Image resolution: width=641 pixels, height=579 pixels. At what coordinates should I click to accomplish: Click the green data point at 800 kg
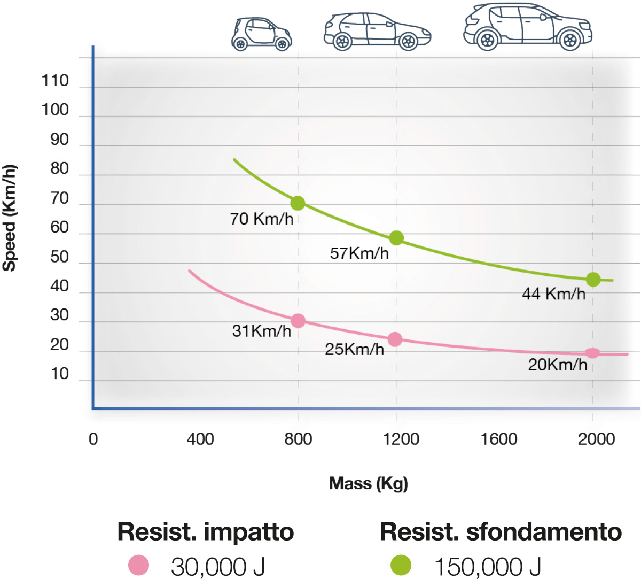298,203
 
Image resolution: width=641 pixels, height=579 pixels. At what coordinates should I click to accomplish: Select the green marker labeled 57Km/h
396,238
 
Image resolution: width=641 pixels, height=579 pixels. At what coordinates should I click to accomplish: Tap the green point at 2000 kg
593,280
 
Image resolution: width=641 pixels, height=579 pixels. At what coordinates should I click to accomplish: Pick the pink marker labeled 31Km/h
298,321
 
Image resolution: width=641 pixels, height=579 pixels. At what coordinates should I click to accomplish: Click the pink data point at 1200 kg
395,339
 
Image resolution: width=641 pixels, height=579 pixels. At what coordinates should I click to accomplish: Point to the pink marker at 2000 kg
592,353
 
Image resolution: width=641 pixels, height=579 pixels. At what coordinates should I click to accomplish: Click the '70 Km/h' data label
262,219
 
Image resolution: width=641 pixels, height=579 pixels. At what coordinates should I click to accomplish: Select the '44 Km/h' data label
553,294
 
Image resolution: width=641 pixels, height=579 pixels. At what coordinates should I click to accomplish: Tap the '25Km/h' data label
354,349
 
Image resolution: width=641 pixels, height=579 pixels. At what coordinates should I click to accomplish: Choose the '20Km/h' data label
557,365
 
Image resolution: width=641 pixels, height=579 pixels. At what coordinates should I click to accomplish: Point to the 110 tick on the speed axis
56,81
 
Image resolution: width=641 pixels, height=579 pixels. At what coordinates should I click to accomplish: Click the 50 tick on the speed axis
60,257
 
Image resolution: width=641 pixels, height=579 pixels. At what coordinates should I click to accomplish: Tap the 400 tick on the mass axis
200,439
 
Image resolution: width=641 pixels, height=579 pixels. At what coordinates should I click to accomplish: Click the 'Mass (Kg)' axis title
368,483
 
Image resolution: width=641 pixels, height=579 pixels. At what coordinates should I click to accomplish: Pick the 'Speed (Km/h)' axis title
10,218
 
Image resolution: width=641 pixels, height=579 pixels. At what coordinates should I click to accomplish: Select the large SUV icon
527,27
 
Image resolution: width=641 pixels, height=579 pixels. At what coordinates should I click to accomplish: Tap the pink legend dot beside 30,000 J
139,565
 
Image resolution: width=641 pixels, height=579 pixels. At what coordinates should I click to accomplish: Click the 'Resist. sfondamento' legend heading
501,531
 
